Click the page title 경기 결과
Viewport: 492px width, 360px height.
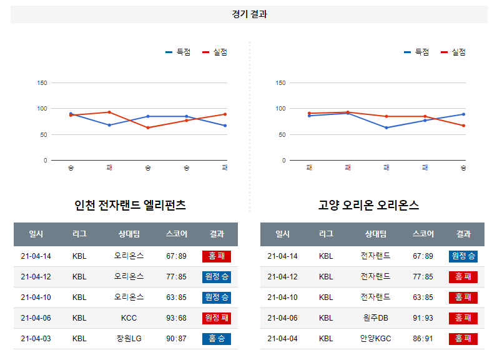[x=248, y=14]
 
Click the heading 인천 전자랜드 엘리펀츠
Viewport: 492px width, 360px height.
[x=130, y=205]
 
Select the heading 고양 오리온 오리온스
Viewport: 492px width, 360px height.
[x=368, y=205]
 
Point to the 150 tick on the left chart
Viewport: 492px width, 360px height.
[x=42, y=82]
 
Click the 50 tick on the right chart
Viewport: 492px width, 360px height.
[x=281, y=134]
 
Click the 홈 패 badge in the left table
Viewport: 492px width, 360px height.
[x=217, y=256]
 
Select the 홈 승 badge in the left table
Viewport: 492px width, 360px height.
[x=217, y=339]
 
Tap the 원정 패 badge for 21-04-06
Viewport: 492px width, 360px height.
[x=217, y=318]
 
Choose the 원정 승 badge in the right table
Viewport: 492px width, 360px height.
[x=463, y=256]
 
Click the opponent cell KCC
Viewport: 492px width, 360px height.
[x=129, y=318]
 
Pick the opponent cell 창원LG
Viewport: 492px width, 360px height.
[x=129, y=339]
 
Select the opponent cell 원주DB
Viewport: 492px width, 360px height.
[x=375, y=318]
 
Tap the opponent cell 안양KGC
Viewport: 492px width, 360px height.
[x=375, y=339]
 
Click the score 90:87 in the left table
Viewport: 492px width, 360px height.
[x=176, y=339]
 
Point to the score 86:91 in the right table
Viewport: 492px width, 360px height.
[x=423, y=339]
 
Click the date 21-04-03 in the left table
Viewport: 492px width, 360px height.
[x=36, y=339]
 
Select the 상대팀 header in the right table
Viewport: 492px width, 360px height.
[x=375, y=234]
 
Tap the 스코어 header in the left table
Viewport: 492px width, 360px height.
[x=176, y=234]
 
